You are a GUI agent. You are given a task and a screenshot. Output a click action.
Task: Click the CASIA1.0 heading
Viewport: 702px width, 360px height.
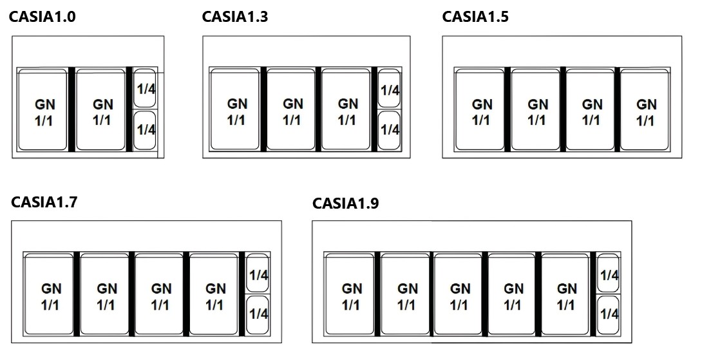42,17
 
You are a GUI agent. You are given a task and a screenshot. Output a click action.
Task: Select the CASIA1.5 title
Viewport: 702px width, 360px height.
475,17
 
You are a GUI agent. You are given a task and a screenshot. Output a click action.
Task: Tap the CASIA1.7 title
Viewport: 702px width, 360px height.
44,202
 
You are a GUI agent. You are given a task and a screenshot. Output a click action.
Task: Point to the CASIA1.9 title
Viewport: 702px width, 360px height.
345,204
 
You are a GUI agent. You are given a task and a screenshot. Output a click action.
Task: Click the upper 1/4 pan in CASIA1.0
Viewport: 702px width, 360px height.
146,88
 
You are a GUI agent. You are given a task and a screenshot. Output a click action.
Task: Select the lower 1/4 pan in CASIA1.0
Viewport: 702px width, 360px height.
146,130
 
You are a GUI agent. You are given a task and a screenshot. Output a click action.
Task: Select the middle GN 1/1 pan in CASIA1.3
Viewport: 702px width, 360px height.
292,110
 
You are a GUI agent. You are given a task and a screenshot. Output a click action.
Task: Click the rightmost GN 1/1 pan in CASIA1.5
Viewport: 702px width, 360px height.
646,110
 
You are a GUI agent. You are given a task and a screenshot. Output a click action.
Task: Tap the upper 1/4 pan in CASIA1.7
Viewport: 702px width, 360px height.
258,274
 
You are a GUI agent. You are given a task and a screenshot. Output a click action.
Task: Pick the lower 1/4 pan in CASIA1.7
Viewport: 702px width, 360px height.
258,314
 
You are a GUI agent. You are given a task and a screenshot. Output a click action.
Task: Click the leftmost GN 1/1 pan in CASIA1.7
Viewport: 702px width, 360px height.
50,295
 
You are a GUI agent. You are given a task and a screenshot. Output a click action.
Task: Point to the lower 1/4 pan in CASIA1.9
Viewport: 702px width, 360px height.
608,314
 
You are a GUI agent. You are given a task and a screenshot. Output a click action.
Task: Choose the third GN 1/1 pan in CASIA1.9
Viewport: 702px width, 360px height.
460,295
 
